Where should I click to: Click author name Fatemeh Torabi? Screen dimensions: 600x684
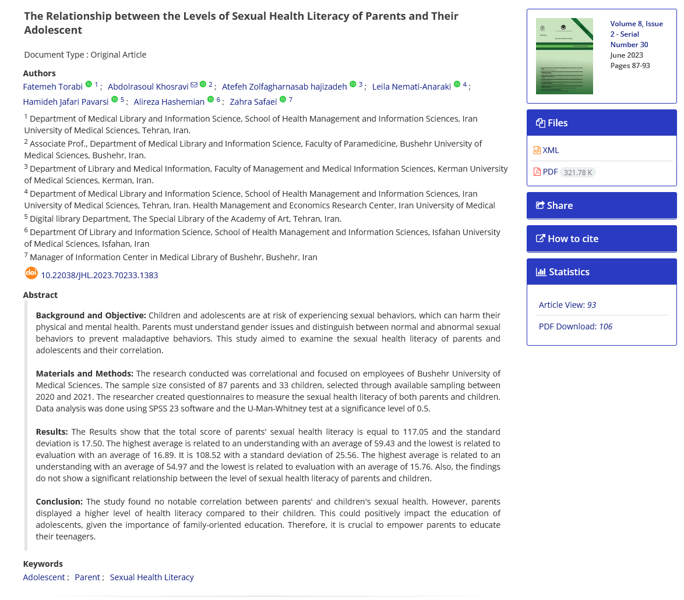click(53, 87)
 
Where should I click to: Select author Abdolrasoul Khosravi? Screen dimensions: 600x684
click(148, 87)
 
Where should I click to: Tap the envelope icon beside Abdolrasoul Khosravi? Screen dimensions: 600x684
click(194, 85)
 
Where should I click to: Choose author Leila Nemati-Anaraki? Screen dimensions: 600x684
click(411, 87)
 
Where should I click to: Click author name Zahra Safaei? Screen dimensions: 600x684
click(253, 102)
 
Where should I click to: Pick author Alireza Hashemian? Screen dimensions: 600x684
click(169, 102)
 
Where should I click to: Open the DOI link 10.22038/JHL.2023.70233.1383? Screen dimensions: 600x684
click(99, 275)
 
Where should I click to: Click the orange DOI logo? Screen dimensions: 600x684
click(31, 273)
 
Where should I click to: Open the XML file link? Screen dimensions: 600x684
click(550, 150)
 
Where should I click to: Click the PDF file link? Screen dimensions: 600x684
click(549, 172)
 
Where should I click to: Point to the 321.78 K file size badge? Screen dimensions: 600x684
click(578, 172)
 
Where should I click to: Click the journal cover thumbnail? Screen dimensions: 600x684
click(564, 56)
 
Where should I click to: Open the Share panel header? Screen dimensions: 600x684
click(601, 205)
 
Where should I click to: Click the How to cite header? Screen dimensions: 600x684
click(601, 239)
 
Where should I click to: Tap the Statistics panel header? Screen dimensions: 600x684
click(601, 272)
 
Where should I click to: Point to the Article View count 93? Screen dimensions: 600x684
click(591, 305)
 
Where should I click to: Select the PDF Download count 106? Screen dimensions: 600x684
click(605, 326)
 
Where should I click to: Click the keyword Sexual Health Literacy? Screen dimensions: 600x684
click(151, 577)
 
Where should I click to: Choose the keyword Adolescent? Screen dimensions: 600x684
click(44, 577)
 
